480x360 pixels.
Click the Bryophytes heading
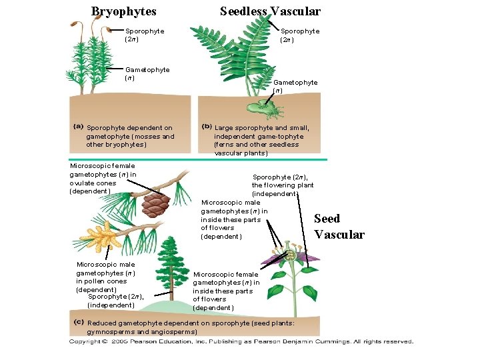[x=123, y=11]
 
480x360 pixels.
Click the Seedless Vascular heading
[x=270, y=11]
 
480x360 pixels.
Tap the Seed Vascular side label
[x=339, y=227]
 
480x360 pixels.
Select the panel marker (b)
[x=207, y=127]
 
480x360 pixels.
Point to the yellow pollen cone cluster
[x=98, y=233]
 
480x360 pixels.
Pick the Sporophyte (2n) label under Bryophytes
[x=145, y=35]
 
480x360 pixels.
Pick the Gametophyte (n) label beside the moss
[x=147, y=73]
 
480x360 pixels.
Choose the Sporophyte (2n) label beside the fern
[x=299, y=35]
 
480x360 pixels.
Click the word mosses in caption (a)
[x=148, y=137]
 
